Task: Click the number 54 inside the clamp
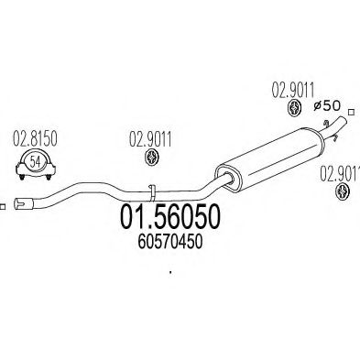click(34, 162)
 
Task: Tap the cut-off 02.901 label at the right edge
click(339, 171)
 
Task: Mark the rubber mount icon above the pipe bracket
click(150, 161)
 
